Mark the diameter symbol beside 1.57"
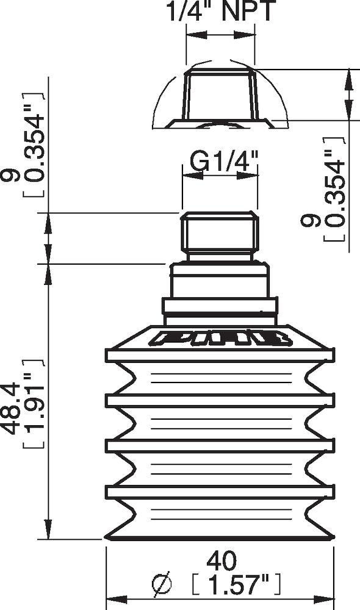[163, 584]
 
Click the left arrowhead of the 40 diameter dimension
[113, 598]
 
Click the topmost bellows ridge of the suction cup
[220, 355]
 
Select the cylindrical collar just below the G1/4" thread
[218, 280]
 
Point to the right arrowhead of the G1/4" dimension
[250, 176]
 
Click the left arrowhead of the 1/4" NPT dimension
[193, 35]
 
